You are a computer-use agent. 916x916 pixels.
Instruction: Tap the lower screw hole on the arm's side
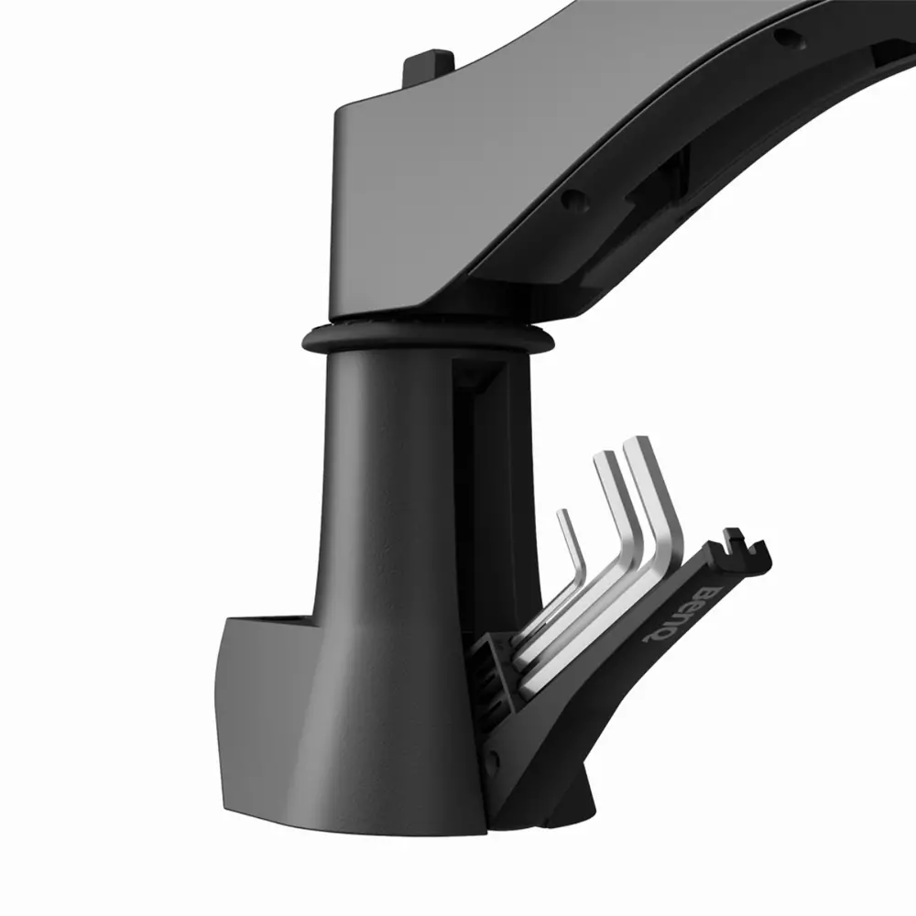point(573,200)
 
